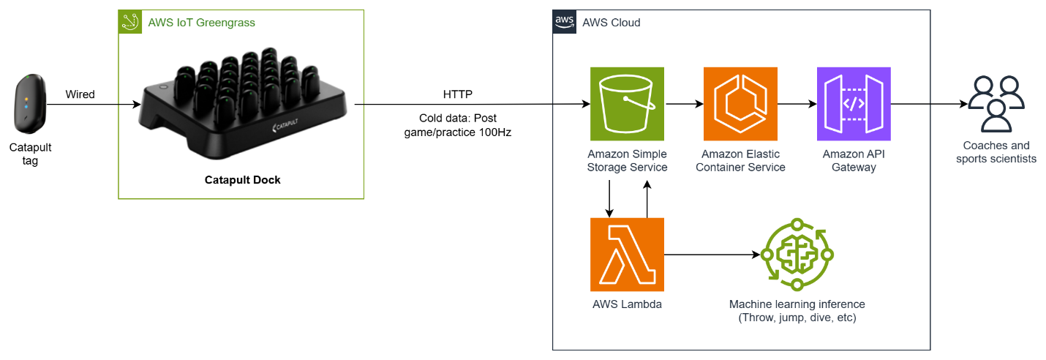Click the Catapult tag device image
(30, 104)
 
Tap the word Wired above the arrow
(80, 94)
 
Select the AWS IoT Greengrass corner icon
(130, 22)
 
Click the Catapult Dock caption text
(242, 180)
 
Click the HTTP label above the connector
(458, 94)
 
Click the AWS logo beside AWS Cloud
(564, 22)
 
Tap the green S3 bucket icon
(627, 104)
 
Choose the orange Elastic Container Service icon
(740, 104)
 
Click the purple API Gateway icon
(854, 104)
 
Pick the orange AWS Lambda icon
(627, 255)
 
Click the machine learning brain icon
(797, 255)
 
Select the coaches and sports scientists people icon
(996, 104)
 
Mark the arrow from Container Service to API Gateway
(797, 104)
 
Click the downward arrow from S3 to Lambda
(610, 198)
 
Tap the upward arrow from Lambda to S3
(647, 198)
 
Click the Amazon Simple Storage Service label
(627, 161)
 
